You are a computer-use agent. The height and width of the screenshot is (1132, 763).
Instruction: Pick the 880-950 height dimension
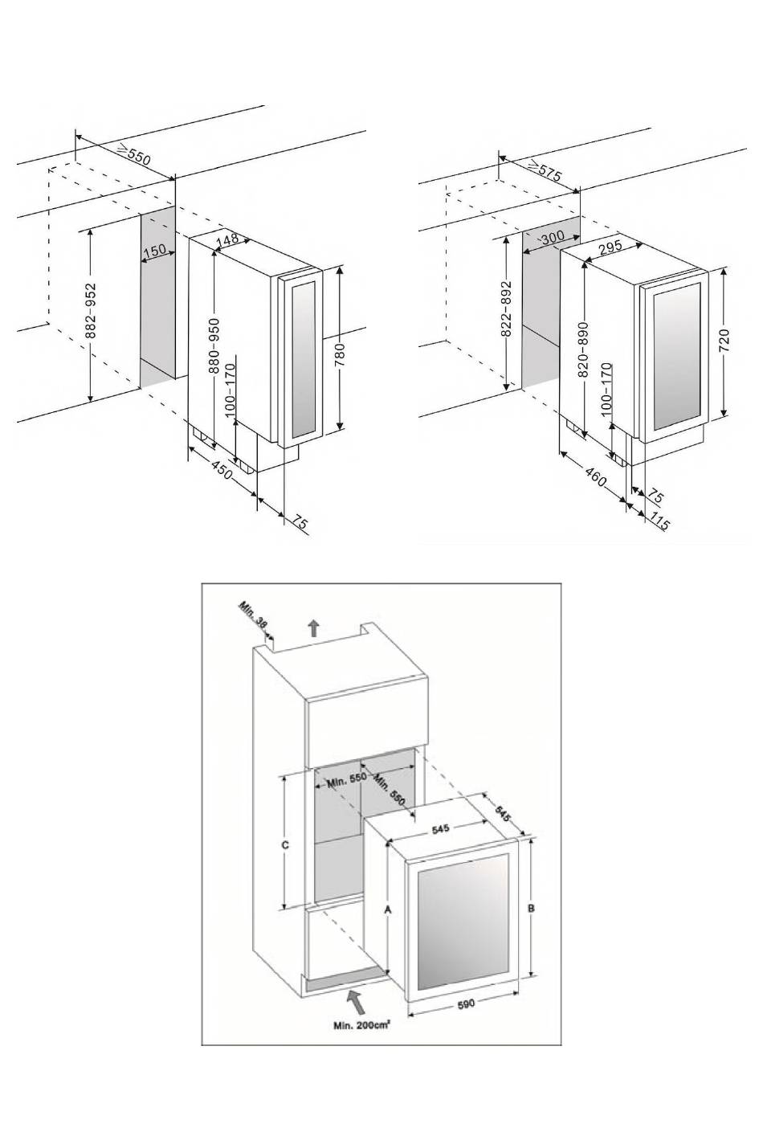tap(214, 345)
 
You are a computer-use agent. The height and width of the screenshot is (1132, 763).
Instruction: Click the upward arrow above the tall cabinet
tap(313, 627)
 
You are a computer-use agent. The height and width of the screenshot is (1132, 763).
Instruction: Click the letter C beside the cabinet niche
tap(285, 845)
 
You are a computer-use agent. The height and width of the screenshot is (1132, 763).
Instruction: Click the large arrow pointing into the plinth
tap(354, 1000)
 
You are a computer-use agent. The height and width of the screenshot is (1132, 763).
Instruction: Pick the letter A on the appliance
tap(388, 910)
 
